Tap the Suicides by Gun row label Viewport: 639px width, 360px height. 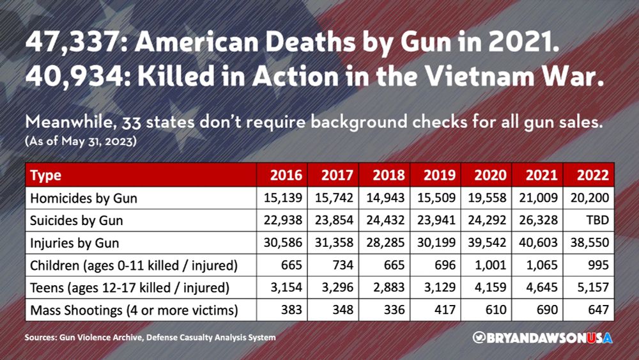coord(77,221)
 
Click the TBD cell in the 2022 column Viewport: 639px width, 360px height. coord(598,221)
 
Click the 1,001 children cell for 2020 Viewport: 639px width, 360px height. coord(491,266)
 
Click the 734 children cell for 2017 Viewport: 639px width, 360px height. coord(338,266)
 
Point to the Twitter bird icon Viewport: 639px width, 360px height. coord(477,336)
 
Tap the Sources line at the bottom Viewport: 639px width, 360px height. coord(151,337)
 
